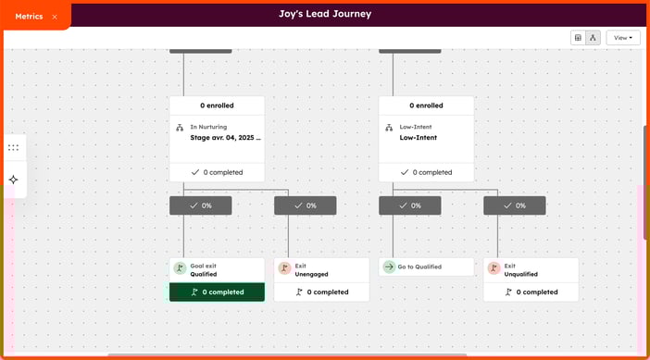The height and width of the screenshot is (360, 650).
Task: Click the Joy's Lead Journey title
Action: pyautogui.click(x=324, y=14)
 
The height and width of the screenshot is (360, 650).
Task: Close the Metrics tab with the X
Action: pyautogui.click(x=55, y=17)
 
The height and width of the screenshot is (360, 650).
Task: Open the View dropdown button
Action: pyautogui.click(x=622, y=38)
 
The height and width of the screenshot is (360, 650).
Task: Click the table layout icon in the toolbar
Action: pyautogui.click(x=579, y=38)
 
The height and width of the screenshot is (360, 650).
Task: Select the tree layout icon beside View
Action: pyautogui.click(x=593, y=38)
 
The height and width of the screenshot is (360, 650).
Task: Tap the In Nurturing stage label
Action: pyautogui.click(x=208, y=127)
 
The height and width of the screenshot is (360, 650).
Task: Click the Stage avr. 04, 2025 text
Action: pyautogui.click(x=225, y=138)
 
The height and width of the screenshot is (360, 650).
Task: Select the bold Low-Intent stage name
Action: pyautogui.click(x=419, y=138)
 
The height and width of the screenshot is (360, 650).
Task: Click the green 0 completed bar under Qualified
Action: pyautogui.click(x=217, y=292)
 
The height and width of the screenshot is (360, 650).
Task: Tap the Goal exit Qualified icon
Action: pyautogui.click(x=180, y=269)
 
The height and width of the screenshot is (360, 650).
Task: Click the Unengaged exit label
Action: pyautogui.click(x=312, y=274)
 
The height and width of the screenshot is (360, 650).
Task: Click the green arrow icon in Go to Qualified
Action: pyautogui.click(x=389, y=267)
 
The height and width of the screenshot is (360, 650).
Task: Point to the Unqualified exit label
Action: pyautogui.click(x=521, y=274)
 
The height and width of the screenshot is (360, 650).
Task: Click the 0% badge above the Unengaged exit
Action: pyautogui.click(x=305, y=205)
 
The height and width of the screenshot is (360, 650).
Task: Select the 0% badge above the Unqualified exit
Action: pyautogui.click(x=514, y=205)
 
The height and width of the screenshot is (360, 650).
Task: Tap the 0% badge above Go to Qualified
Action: pyautogui.click(x=409, y=205)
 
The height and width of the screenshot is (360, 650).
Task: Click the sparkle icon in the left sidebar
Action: pyautogui.click(x=13, y=180)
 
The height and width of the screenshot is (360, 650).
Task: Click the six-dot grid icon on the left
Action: pyautogui.click(x=13, y=147)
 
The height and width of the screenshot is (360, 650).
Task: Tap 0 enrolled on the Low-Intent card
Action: pyautogui.click(x=426, y=106)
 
